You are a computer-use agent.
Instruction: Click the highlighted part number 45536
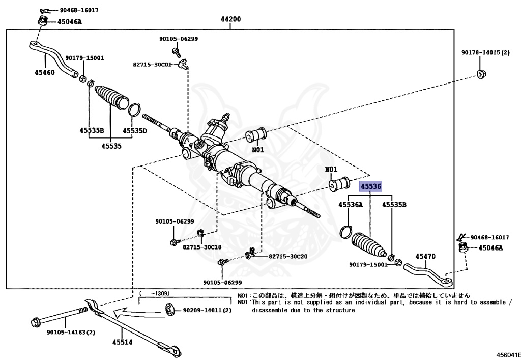click(x=370, y=186)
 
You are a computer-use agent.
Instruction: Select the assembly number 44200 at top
click(x=230, y=19)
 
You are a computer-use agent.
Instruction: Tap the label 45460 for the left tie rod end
click(x=45, y=72)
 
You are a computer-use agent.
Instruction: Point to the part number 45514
click(x=122, y=342)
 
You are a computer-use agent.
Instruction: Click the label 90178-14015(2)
click(x=486, y=52)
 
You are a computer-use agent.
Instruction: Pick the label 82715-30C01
click(x=156, y=65)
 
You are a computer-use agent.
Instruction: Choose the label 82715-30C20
click(x=287, y=256)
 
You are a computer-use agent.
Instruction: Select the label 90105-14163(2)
click(x=71, y=333)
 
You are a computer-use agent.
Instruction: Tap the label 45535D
click(x=135, y=131)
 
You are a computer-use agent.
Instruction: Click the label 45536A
click(x=351, y=205)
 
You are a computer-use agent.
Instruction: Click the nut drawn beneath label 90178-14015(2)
click(x=481, y=74)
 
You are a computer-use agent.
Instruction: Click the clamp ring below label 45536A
click(x=346, y=231)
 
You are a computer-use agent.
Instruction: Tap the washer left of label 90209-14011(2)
click(x=170, y=309)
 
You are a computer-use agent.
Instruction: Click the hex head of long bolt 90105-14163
click(x=36, y=322)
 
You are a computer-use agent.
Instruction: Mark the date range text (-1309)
click(x=155, y=293)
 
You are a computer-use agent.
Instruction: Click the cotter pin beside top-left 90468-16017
click(x=43, y=10)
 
